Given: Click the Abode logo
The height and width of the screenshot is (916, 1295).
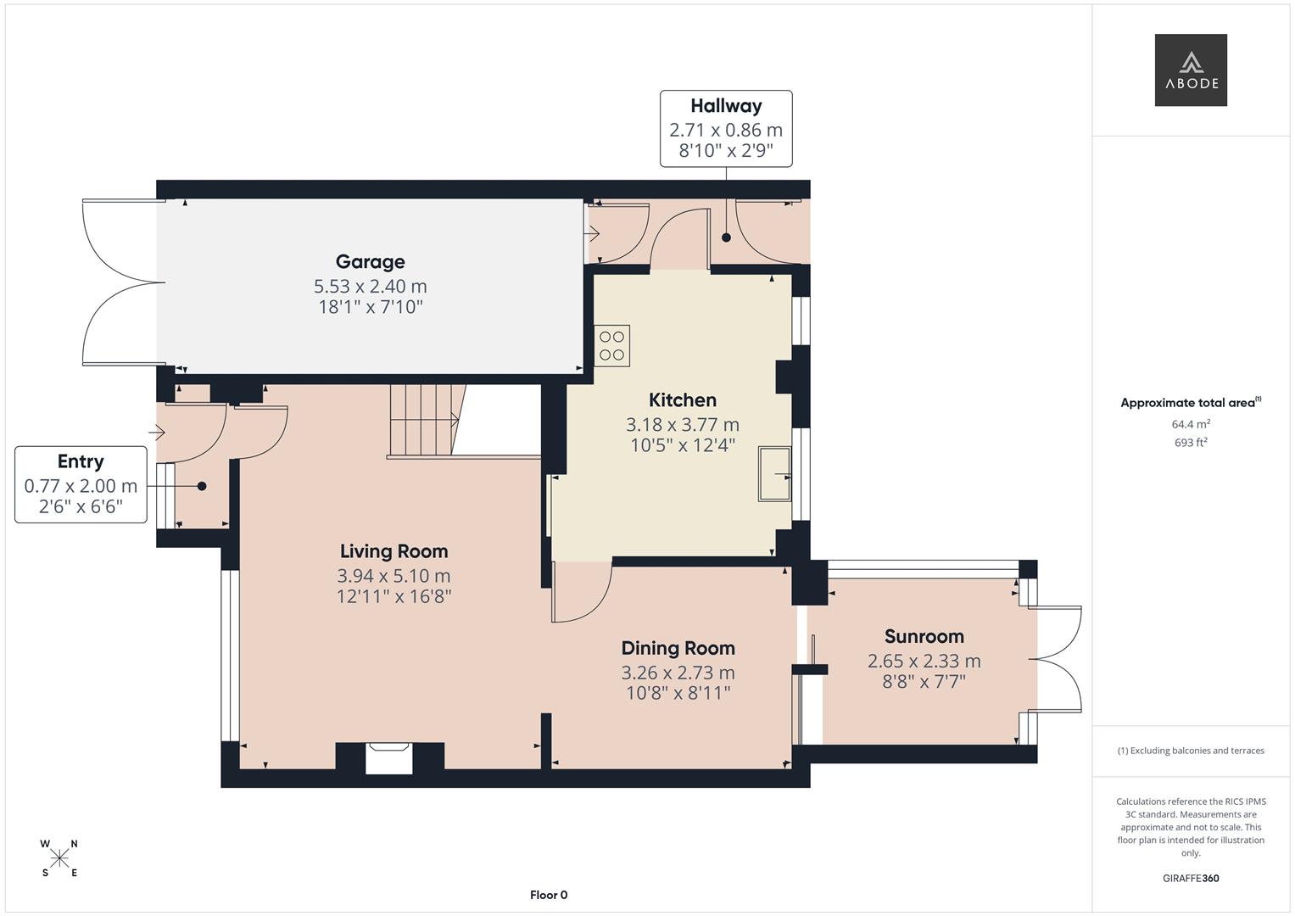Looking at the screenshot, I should coord(1190,70).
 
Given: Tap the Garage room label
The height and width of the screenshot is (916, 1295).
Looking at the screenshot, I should coord(370,262).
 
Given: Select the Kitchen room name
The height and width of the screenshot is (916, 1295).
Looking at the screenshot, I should coord(682,400).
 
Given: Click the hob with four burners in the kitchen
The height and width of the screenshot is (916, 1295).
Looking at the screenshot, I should coord(611,345).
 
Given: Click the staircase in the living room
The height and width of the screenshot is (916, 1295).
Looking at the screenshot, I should coord(421,421).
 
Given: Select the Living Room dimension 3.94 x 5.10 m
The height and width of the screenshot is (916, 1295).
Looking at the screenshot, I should coord(394,576).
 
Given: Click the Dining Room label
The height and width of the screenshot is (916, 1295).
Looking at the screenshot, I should coord(678,648).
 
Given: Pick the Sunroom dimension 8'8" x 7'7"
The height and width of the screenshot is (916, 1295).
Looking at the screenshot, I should coord(924,682).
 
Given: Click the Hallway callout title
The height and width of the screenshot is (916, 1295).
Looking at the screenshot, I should coord(726,106).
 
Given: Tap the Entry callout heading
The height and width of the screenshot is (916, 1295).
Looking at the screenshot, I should coord(81,461).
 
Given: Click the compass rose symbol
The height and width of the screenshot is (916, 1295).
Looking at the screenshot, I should coord(59,858).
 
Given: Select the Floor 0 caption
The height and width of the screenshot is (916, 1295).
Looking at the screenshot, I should coord(549,895).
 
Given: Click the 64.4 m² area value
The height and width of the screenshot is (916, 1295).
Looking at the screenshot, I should coord(1190,424).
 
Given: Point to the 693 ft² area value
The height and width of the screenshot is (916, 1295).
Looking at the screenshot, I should coord(1190,443).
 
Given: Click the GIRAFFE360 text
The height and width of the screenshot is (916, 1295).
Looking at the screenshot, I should coord(1190,879).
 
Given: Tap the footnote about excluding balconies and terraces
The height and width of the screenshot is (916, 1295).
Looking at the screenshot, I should coord(1190,751).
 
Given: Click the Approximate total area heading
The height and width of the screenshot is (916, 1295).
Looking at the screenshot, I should coord(1190,403).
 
